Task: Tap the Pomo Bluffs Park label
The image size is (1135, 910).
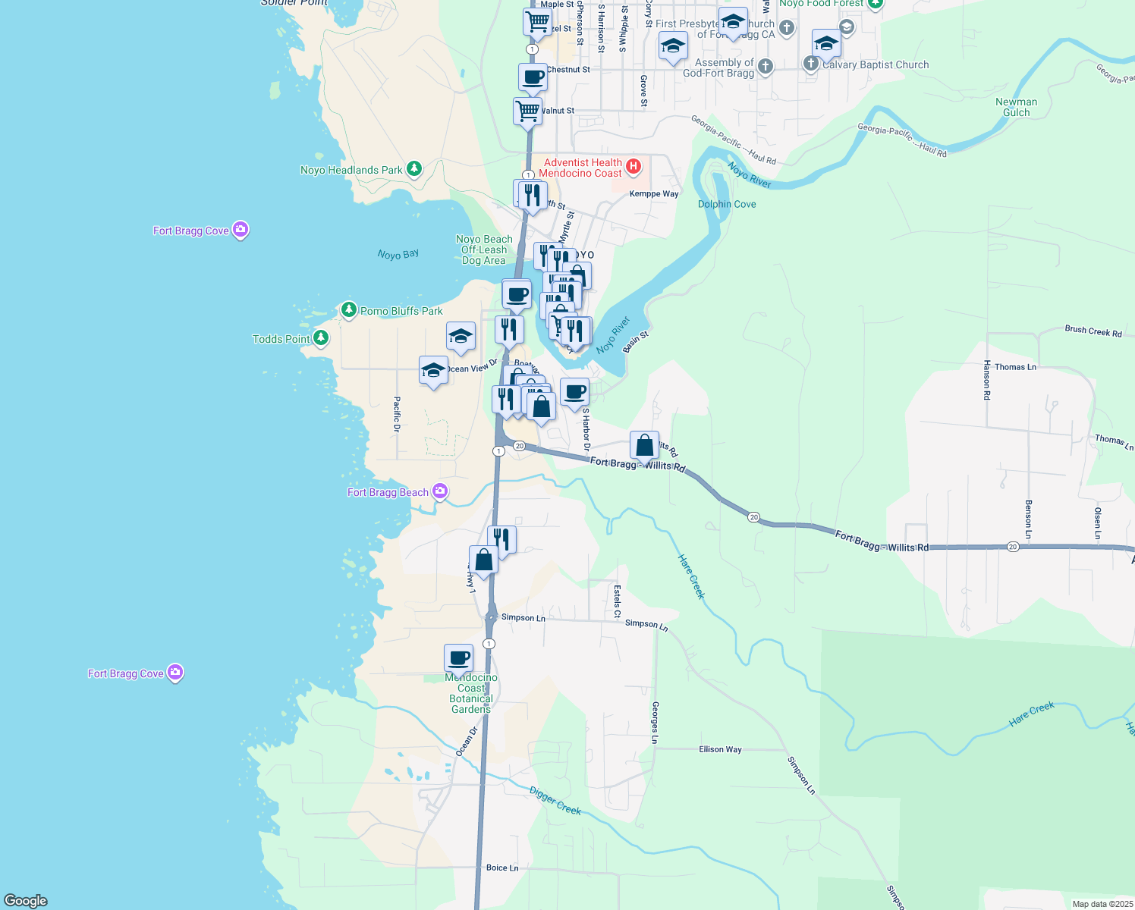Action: tap(401, 311)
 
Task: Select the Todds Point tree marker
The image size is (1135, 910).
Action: tap(321, 338)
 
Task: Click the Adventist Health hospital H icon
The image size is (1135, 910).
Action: tap(634, 166)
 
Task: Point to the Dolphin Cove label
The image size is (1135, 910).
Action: tap(727, 204)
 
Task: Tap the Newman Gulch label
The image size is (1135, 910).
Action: tap(1016, 107)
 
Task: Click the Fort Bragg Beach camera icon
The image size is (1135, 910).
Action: tap(440, 491)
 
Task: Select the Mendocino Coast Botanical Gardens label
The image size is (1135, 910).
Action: tap(471, 693)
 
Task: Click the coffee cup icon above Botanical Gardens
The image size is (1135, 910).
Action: tap(459, 657)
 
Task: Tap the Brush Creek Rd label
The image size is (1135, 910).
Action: tap(1093, 331)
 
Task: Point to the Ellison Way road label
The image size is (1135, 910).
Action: tap(720, 749)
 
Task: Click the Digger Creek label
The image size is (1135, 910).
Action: tap(555, 801)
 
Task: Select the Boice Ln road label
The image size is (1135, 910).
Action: tap(502, 868)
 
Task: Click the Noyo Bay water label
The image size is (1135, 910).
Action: tap(398, 255)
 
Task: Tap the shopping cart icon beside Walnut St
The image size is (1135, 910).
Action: tap(527, 111)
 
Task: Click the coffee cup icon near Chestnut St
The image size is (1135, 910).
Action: tap(533, 77)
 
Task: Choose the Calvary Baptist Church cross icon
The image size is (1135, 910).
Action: tap(811, 63)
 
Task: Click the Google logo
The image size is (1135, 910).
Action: tap(26, 901)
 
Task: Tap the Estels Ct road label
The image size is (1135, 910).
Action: tap(617, 601)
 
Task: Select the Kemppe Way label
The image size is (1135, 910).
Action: tap(654, 194)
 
